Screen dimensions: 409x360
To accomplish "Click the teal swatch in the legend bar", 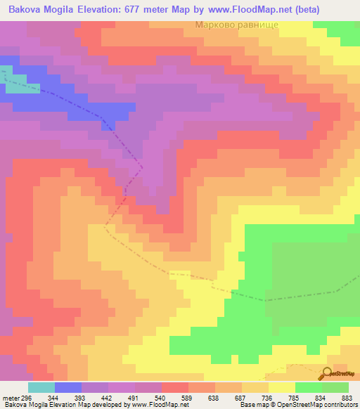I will [x=41, y=387].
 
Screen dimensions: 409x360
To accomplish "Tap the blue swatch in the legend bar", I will [x=67, y=387].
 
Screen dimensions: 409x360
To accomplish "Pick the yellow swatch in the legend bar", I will [x=281, y=387].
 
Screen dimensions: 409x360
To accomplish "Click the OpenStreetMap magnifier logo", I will [x=327, y=373].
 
